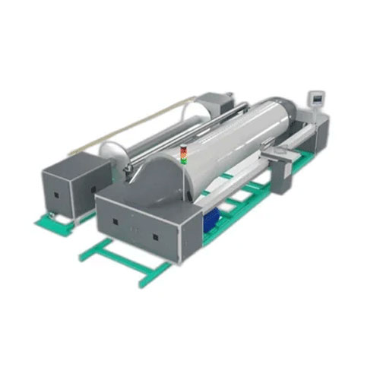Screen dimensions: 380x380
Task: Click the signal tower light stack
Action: click(x=182, y=155)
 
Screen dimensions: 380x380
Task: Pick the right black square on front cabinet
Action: click(x=154, y=238)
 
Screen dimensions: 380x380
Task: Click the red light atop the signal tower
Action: click(x=182, y=150)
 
